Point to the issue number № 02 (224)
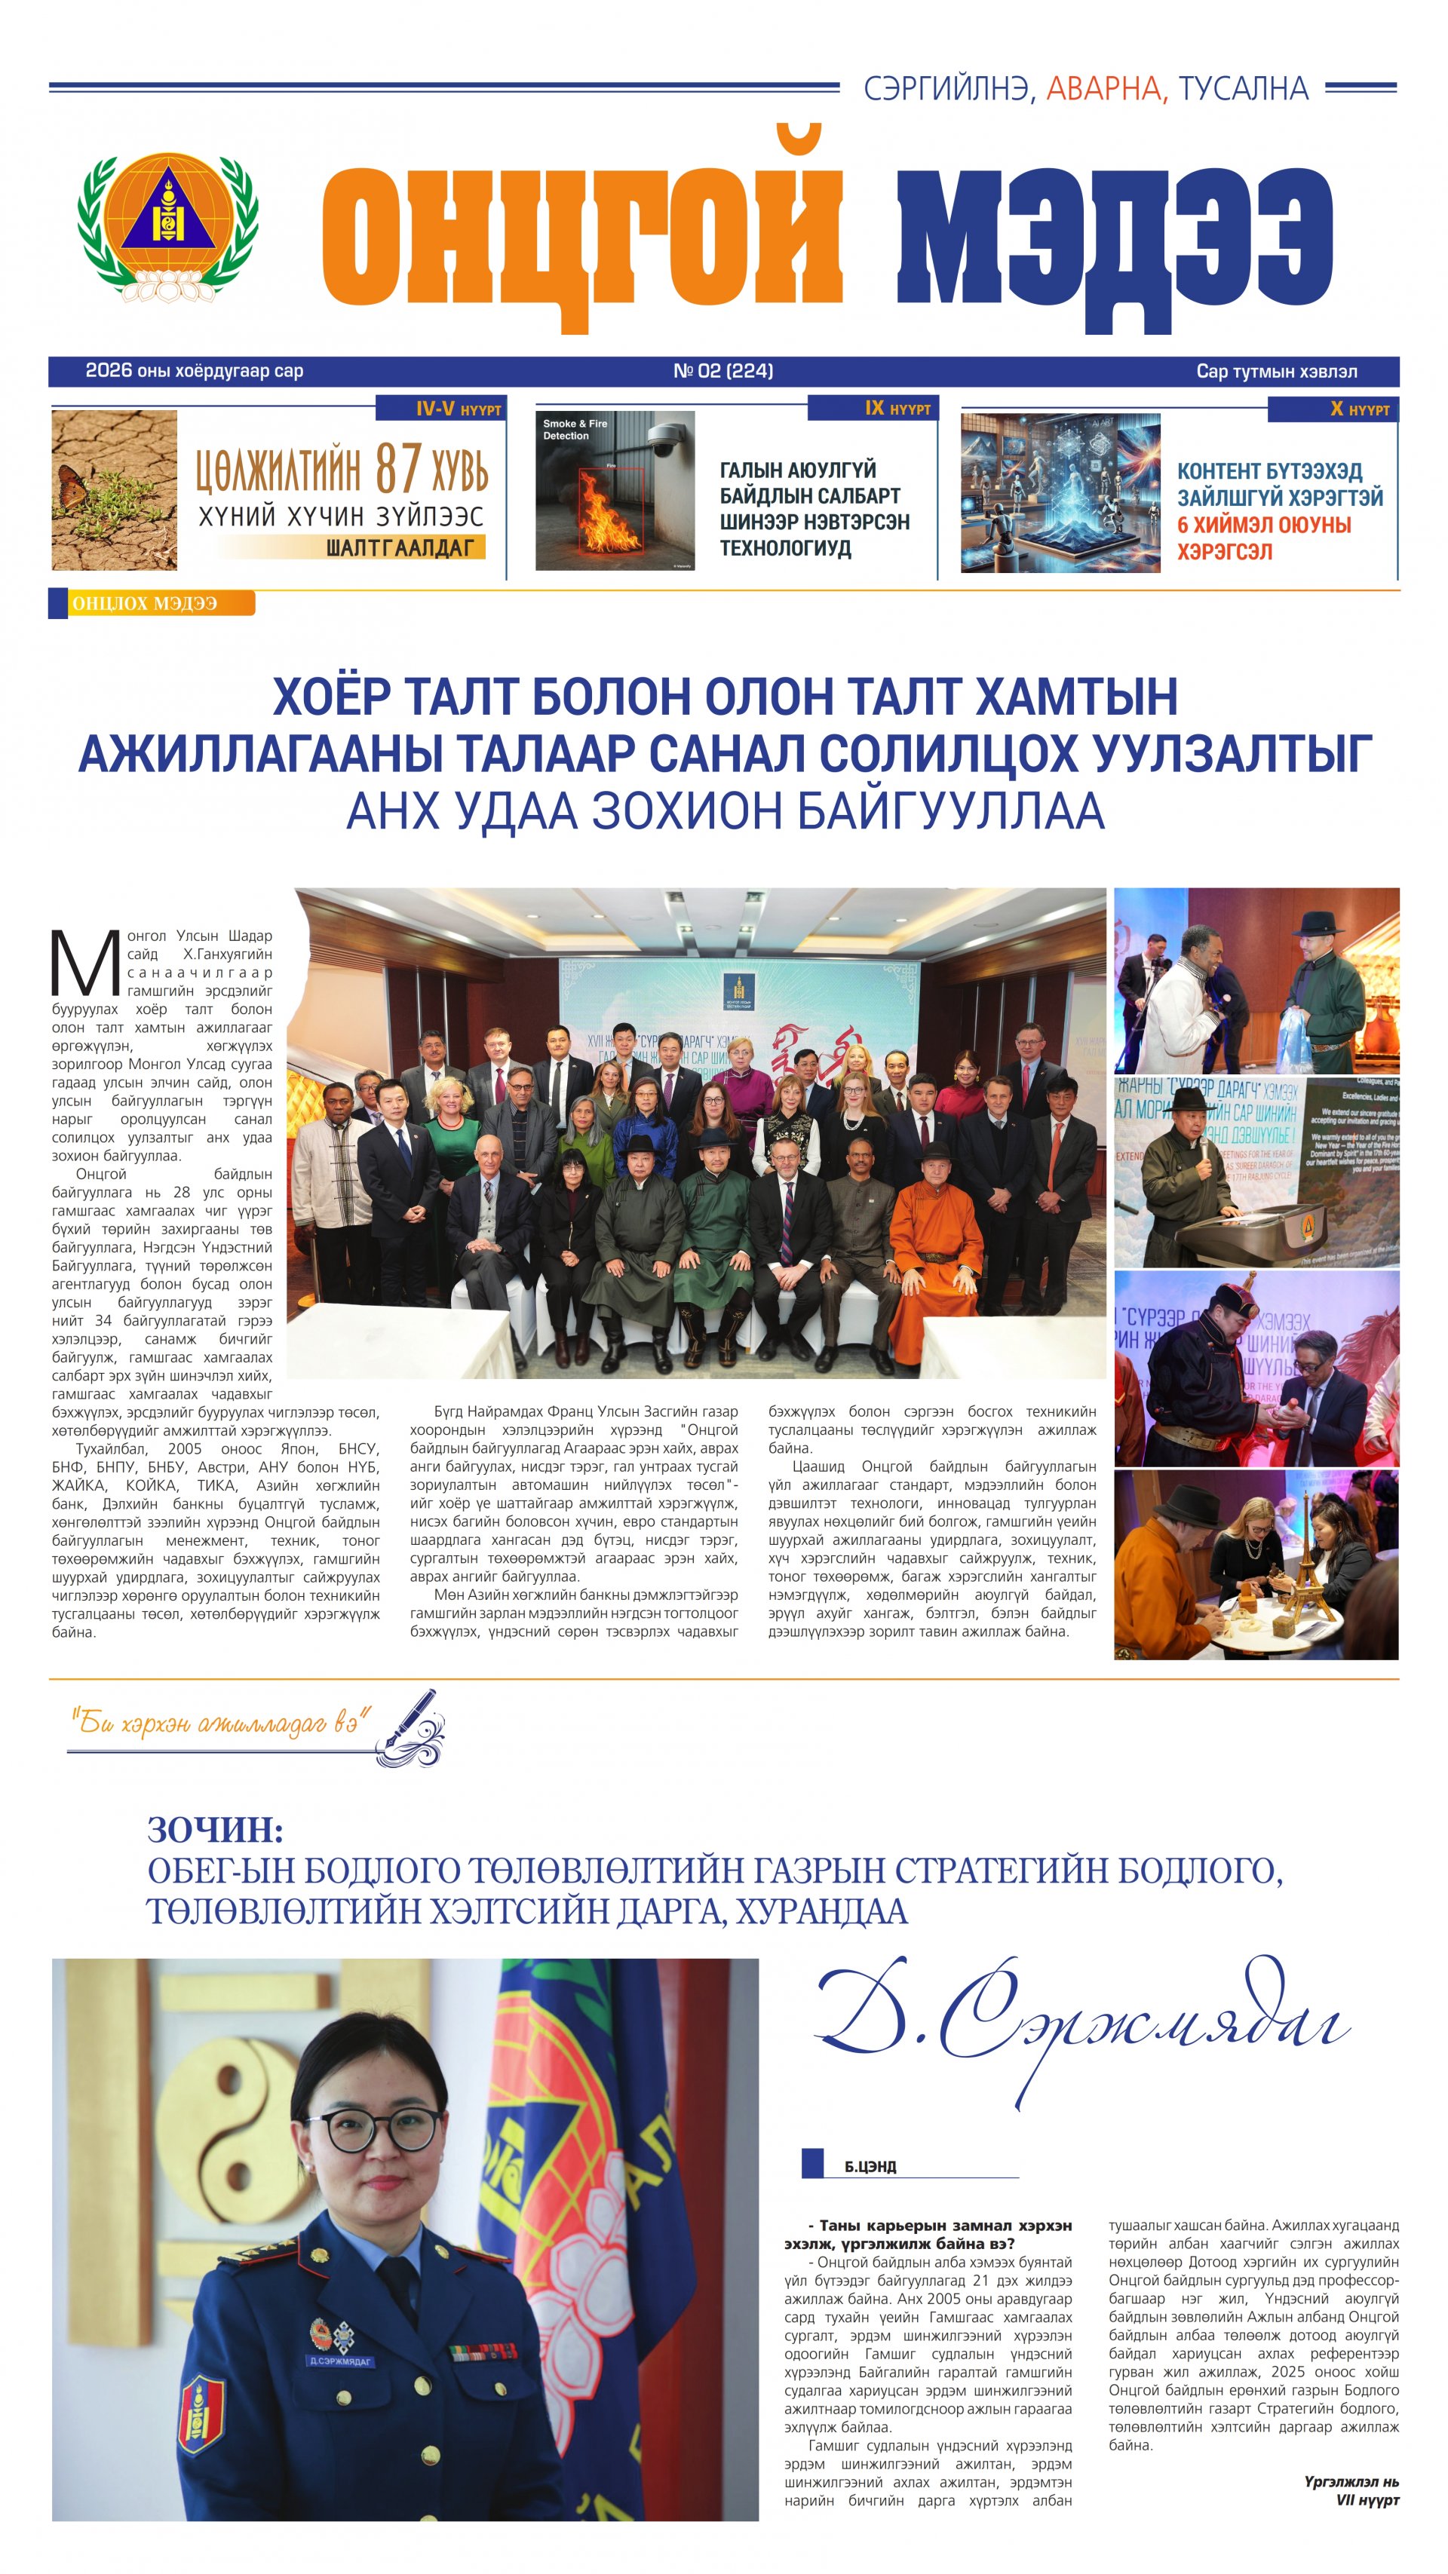(722, 371)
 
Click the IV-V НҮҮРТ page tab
(440, 409)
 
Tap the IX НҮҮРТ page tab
(873, 409)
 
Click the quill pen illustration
(412, 1727)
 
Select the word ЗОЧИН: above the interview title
(215, 1831)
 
